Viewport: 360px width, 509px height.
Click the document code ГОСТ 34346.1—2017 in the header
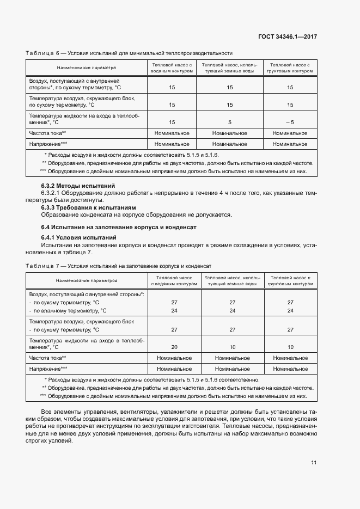click(x=287, y=37)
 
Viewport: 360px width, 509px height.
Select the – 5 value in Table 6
click(x=290, y=122)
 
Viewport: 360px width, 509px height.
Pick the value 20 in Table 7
click(x=174, y=347)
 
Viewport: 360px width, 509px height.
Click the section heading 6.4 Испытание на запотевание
click(x=118, y=226)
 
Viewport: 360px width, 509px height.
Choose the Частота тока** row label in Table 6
click(x=48, y=133)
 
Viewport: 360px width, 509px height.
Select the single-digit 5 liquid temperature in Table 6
click(x=230, y=122)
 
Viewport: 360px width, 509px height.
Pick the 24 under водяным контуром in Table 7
click(x=174, y=310)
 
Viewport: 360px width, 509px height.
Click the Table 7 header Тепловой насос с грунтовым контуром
click(x=290, y=280)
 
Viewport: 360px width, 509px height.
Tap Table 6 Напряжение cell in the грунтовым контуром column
click(x=290, y=144)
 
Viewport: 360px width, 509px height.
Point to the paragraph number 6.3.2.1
click(x=52, y=193)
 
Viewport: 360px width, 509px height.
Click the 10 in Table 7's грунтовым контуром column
click(x=290, y=347)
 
